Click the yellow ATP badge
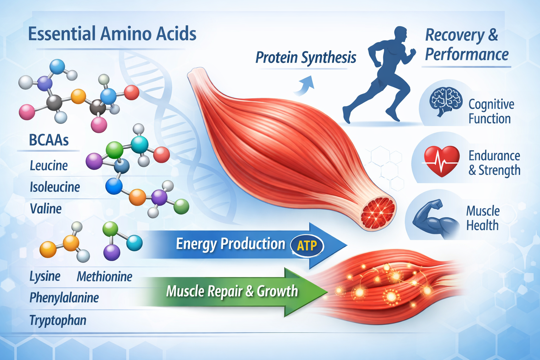coord(307,245)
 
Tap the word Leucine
coord(49,166)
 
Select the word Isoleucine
coord(55,187)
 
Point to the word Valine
coord(46,209)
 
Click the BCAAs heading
coord(49,140)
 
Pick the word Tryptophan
coord(58,320)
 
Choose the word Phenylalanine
coord(64,298)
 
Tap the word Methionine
coord(104,277)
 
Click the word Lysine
coord(45,277)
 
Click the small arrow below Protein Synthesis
coord(304,86)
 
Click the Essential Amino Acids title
coord(112,34)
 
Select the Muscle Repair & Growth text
coord(232,291)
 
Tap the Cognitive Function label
coord(491,111)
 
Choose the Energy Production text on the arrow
coord(230,244)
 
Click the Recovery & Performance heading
coord(467,45)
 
